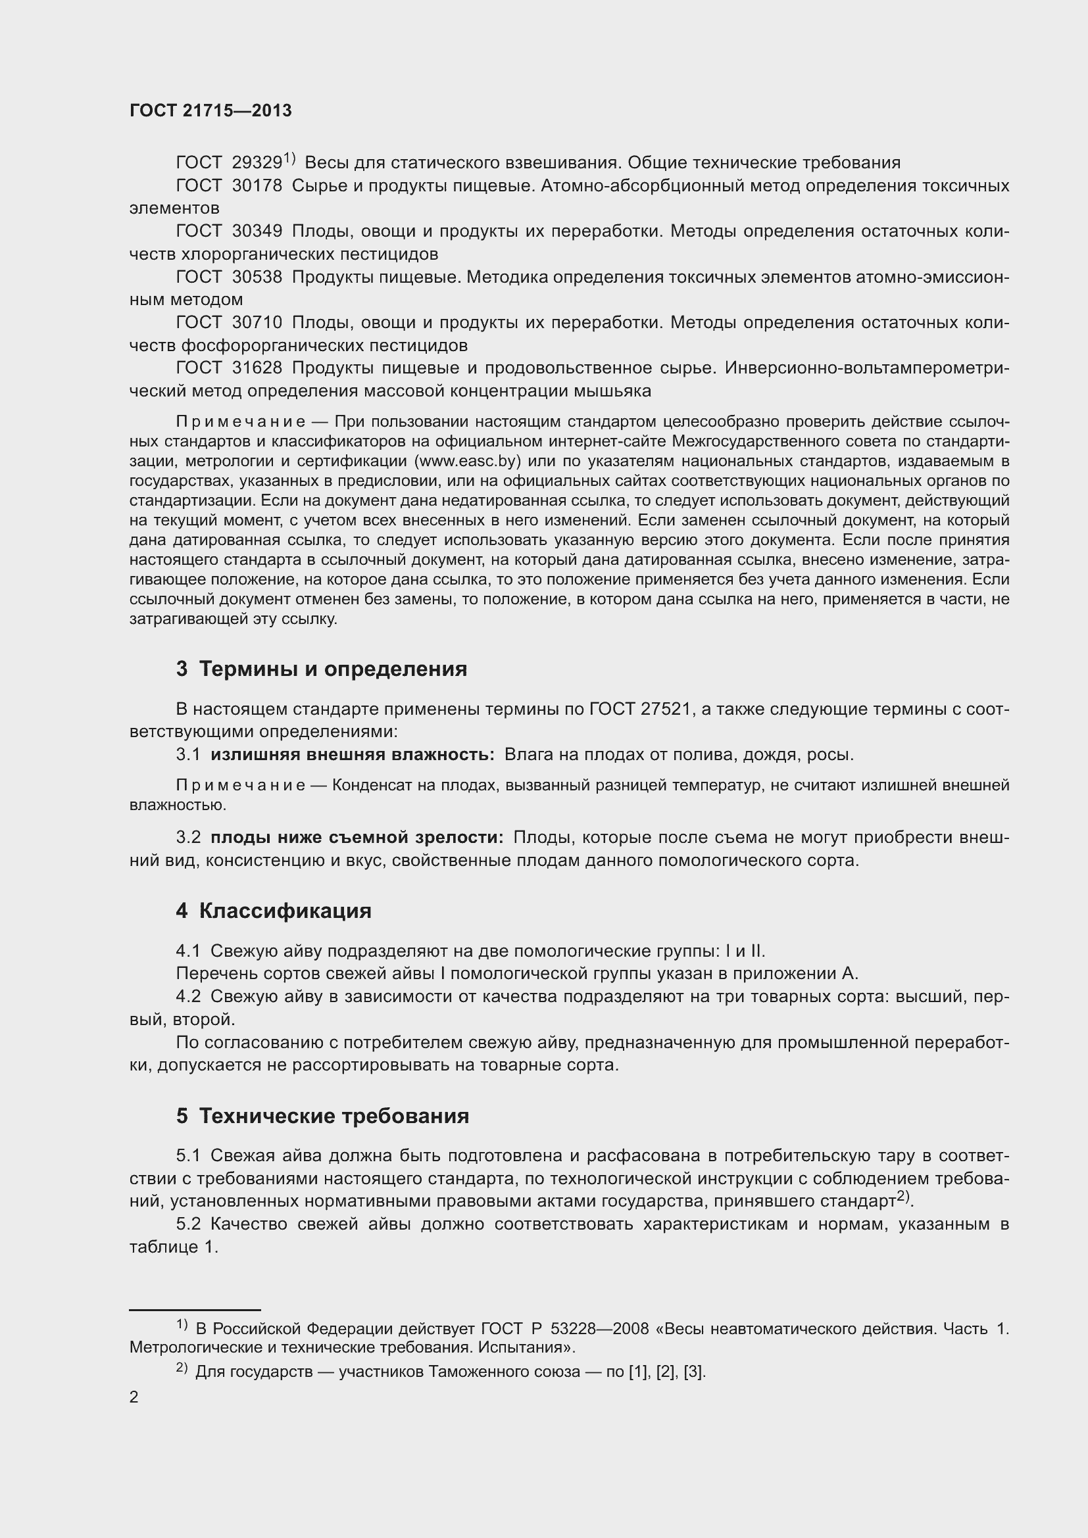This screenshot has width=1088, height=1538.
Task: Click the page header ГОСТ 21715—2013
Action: (x=210, y=110)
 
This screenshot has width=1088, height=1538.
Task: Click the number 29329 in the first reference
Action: (x=257, y=163)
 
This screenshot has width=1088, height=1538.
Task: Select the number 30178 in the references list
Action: (x=257, y=185)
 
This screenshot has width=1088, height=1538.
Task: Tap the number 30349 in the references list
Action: (x=257, y=231)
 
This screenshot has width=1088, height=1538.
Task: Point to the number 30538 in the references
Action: (x=257, y=277)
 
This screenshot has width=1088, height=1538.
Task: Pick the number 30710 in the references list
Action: (x=257, y=322)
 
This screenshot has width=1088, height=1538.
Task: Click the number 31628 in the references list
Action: (x=257, y=368)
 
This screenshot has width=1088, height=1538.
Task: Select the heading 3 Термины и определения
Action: (x=322, y=669)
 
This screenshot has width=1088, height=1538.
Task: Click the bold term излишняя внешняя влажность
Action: (x=353, y=754)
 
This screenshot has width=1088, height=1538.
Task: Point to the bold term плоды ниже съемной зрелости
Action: (x=357, y=837)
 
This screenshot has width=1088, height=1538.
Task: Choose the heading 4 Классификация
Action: (x=274, y=910)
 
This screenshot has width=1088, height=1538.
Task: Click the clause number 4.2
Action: (x=188, y=996)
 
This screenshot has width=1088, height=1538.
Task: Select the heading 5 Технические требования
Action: (x=322, y=1115)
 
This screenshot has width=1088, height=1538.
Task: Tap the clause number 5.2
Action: (x=188, y=1224)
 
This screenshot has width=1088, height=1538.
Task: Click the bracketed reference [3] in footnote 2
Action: (x=693, y=1371)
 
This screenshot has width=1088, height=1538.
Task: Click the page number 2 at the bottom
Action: (x=134, y=1397)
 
